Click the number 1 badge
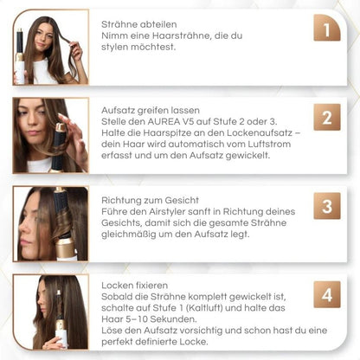(x=325, y=33)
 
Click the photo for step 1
(x=50, y=48)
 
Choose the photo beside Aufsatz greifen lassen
(x=50, y=135)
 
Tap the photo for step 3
(x=50, y=223)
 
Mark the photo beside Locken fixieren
(x=50, y=312)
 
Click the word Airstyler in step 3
(x=180, y=210)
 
